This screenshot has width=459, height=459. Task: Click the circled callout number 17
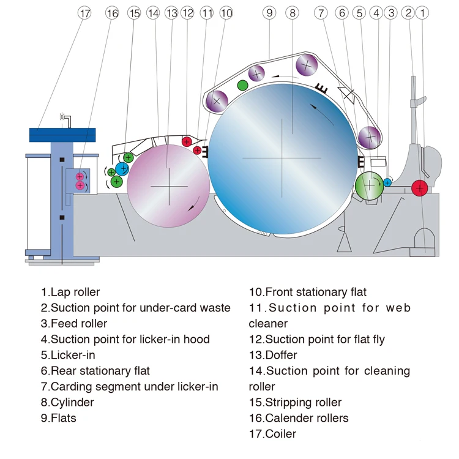(84, 13)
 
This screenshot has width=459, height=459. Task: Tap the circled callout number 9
(269, 13)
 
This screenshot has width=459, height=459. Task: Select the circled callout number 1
(422, 13)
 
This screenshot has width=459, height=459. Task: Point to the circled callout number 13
(171, 13)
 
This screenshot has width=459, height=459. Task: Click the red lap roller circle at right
(419, 188)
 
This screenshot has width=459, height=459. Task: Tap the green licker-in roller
(370, 185)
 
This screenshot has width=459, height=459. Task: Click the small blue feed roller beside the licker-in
(387, 182)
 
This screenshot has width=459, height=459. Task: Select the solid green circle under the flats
(242, 86)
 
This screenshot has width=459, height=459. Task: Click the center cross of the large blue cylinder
(282, 158)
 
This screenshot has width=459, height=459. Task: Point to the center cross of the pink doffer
(169, 187)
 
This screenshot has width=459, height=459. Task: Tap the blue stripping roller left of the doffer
(122, 168)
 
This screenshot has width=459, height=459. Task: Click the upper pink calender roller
(80, 176)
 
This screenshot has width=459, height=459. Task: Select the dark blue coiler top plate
(62, 135)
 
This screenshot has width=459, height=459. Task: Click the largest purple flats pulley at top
(307, 65)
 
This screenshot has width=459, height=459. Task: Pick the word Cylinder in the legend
(72, 402)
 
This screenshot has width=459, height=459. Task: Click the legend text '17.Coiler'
(272, 434)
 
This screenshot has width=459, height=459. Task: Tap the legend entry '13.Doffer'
(273, 355)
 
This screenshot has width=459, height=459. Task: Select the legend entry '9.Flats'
(59, 418)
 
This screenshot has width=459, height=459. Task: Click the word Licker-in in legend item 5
(73, 355)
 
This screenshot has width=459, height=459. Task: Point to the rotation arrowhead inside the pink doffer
(191, 207)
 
